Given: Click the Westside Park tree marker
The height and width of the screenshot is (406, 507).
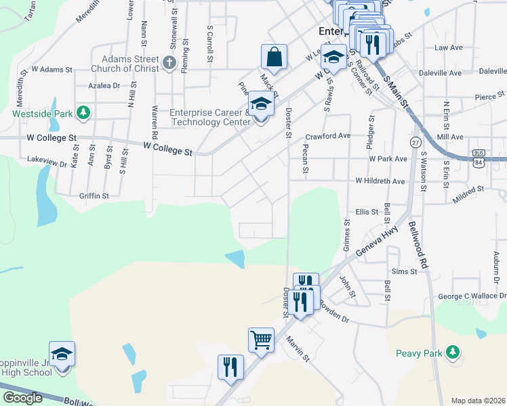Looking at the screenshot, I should coord(83,112).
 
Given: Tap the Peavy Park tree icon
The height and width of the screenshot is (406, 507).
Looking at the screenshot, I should coord(453,352).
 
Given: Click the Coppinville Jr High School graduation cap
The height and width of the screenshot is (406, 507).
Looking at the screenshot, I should coord(62,353).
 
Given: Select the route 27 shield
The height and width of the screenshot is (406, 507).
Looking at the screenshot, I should coord(414,142).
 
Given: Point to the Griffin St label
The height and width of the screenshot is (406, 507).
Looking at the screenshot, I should coord(94,196).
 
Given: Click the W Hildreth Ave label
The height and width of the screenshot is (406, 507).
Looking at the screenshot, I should coord(380,181).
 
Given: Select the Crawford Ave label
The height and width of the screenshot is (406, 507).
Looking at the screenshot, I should coord(328,135).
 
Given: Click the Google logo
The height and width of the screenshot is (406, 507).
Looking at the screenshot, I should coord(22,397).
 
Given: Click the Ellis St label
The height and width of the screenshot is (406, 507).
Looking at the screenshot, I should coord(367,212).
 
